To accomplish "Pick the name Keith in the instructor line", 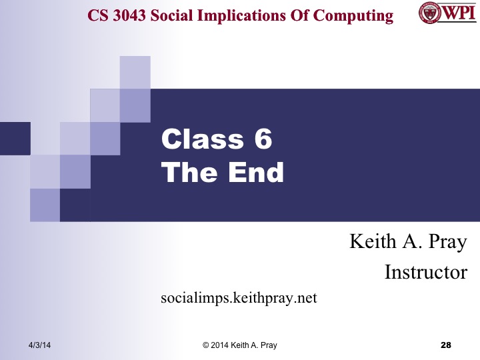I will pos(372,242).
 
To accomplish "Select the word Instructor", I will pos(425,272).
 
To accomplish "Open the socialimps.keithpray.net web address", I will pos(239,298).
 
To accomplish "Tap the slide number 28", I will pos(446,345).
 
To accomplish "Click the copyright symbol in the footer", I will pos(206,345).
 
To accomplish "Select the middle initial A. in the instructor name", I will pos(408,242).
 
